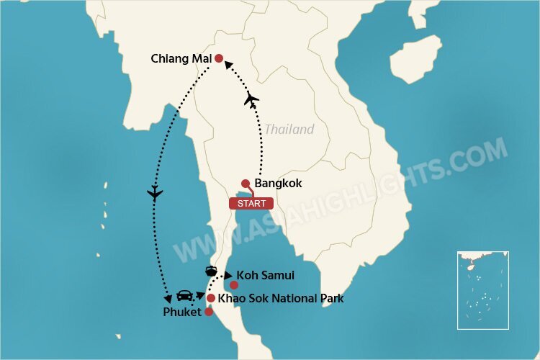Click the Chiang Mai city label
[x=181, y=58]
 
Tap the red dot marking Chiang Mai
[x=219, y=59]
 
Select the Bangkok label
[x=277, y=184]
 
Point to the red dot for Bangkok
[x=246, y=183]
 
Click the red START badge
[x=251, y=203]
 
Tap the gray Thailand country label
[x=289, y=130]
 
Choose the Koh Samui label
[x=266, y=275]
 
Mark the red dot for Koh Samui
[x=234, y=285]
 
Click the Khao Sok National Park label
[x=281, y=298]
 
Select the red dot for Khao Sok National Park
[x=211, y=298]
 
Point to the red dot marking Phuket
[x=209, y=312]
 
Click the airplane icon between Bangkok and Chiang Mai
[x=251, y=99]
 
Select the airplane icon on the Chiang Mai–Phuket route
[x=154, y=192]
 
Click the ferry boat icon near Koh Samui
[x=212, y=271]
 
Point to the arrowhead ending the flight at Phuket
[x=168, y=298]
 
